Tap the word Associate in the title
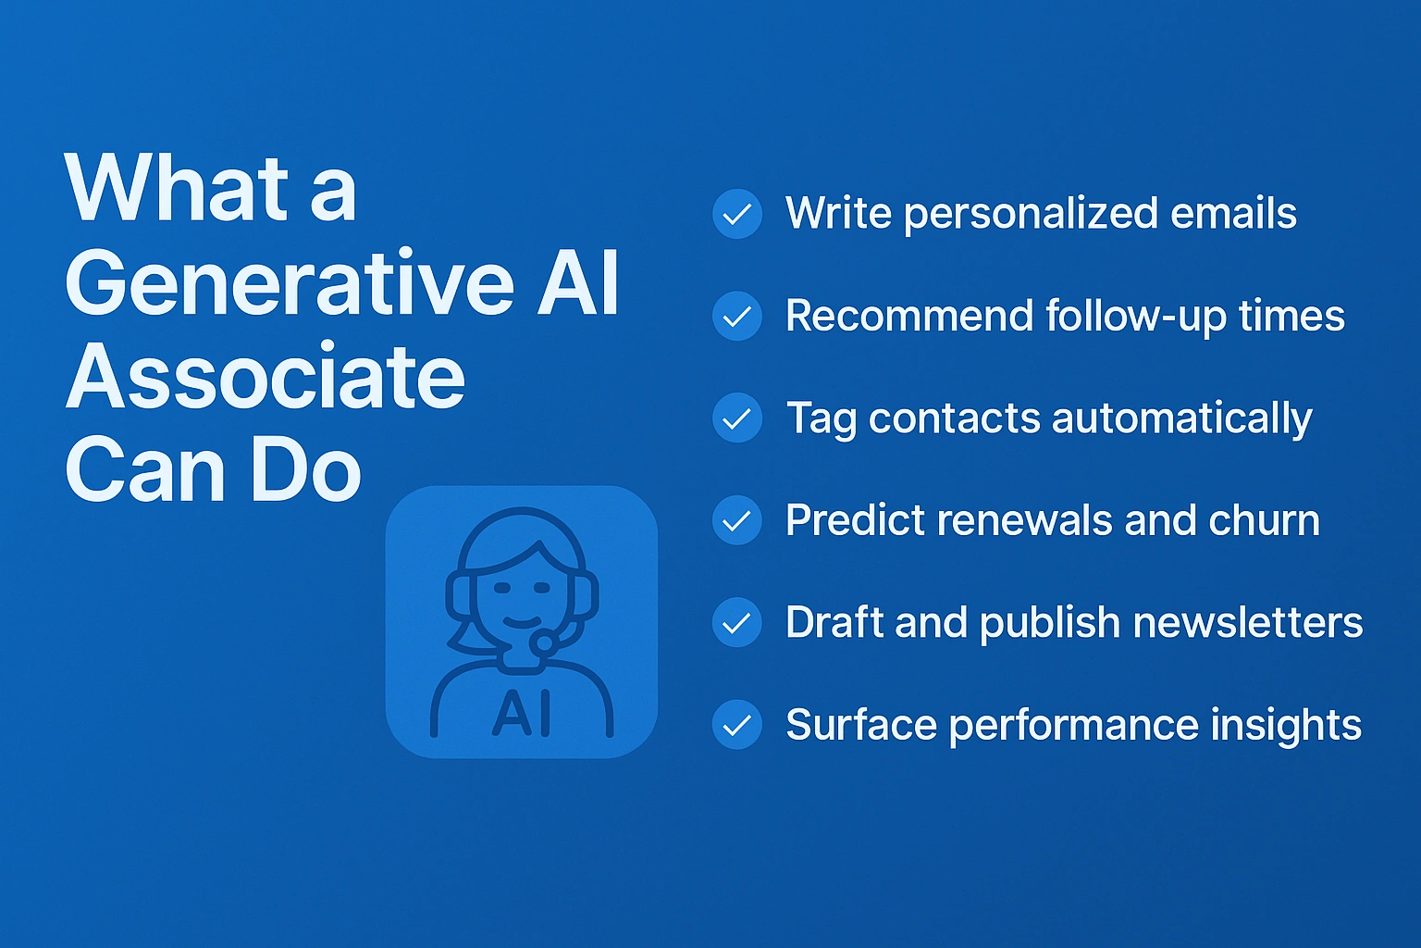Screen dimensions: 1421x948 (266, 375)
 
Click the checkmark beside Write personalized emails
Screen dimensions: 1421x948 (737, 214)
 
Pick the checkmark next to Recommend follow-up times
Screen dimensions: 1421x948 (737, 317)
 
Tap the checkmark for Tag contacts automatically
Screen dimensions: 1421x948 (737, 418)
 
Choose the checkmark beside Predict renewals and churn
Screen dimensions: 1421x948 (737, 520)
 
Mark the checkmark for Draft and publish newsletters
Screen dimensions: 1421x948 (737, 622)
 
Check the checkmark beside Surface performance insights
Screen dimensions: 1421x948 (737, 725)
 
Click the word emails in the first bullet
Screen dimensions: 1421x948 (1233, 213)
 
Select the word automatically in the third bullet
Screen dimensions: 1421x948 (1181, 419)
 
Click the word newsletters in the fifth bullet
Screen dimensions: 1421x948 (1248, 621)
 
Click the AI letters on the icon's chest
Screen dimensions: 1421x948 (521, 714)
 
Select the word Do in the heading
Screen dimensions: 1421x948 (306, 470)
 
